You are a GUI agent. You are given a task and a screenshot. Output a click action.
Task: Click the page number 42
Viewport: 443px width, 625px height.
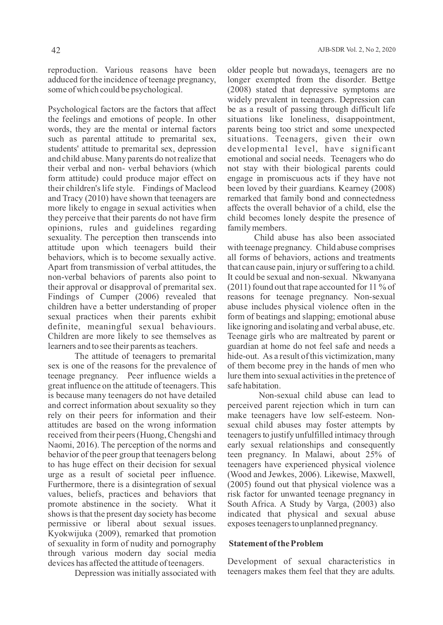pyautogui.click(x=56, y=50)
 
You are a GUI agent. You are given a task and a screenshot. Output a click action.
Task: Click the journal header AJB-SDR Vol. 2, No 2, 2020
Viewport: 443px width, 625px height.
pyautogui.click(x=356, y=50)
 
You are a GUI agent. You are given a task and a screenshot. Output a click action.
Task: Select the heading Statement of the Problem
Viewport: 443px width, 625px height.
pyautogui.click(x=276, y=543)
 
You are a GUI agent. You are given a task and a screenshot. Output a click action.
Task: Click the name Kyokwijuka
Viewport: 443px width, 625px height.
pyautogui.click(x=69, y=533)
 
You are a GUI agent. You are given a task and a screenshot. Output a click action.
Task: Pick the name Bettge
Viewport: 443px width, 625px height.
pyautogui.click(x=383, y=79)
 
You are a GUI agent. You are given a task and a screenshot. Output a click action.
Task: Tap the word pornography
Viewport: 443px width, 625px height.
pyautogui.click(x=195, y=543)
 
